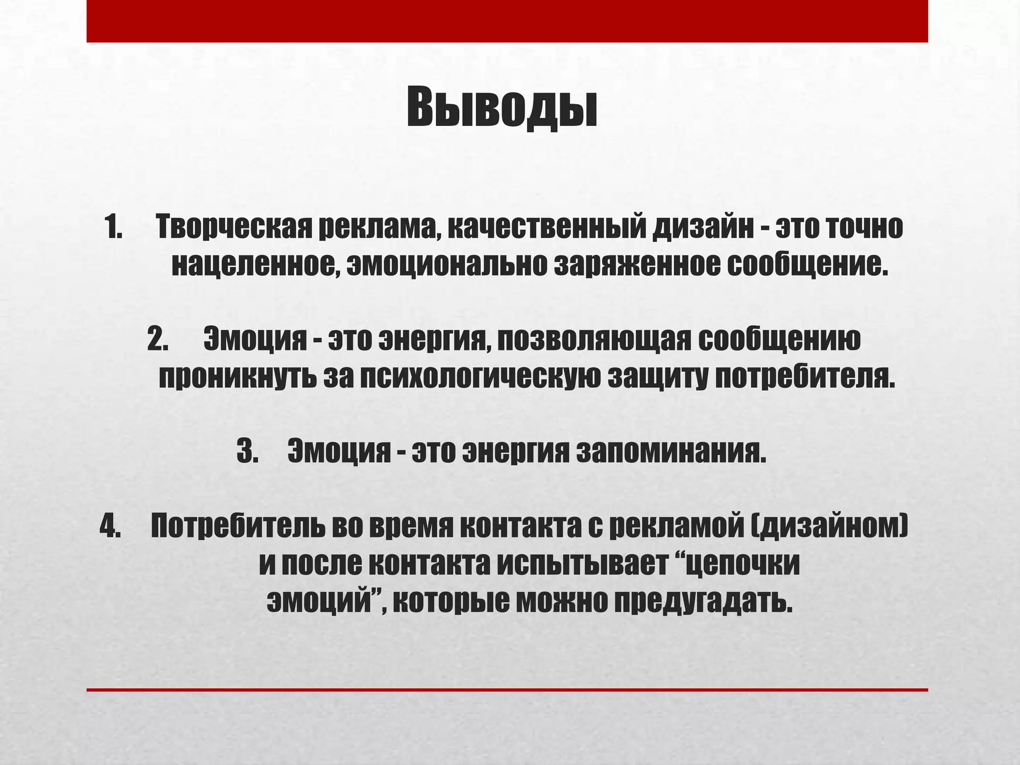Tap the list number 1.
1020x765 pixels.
tap(114, 228)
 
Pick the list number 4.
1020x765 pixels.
tap(110, 526)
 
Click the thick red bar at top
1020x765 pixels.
tap(507, 21)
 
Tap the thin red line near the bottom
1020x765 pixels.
tap(507, 690)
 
